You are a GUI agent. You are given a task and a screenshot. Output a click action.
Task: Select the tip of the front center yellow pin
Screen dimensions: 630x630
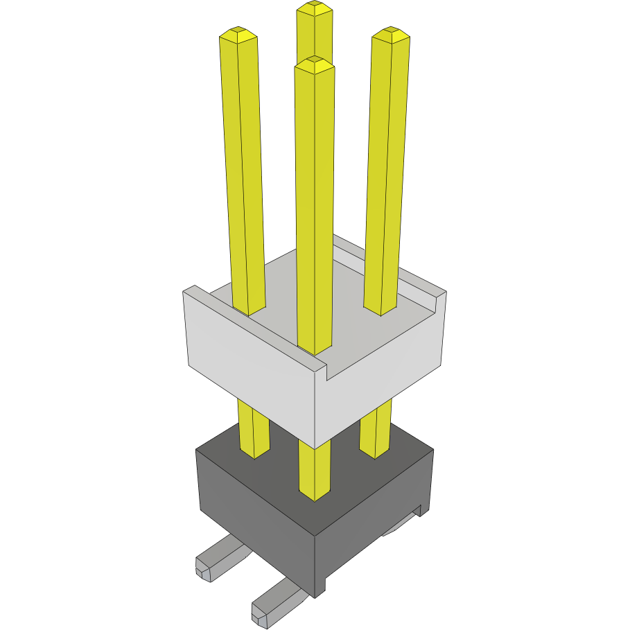coord(314,62)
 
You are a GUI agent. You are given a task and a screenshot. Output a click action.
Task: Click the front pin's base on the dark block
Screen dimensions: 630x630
coord(314,493)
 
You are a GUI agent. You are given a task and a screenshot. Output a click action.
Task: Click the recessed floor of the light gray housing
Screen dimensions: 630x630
coord(347,333)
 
